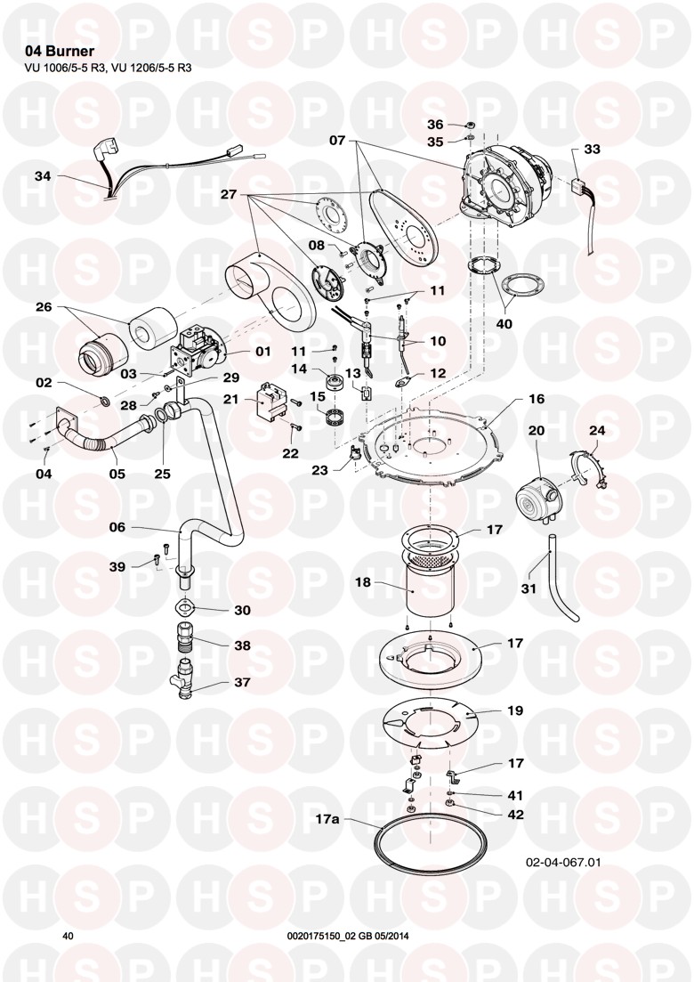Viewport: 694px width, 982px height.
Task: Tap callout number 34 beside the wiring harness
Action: click(43, 177)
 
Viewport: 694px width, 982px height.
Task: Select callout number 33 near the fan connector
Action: click(593, 150)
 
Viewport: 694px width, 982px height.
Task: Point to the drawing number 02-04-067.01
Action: click(564, 862)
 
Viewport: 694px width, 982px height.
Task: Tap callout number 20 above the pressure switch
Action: click(537, 431)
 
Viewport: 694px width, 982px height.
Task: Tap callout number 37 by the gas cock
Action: click(242, 683)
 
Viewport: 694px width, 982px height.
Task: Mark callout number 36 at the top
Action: click(435, 124)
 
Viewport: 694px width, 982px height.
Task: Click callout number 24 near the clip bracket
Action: click(597, 431)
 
